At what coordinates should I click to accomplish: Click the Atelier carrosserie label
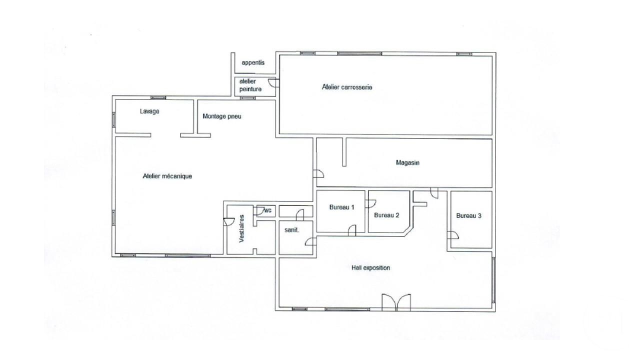click(347, 87)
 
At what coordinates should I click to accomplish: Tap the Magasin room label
click(407, 162)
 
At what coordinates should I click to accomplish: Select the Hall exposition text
click(370, 268)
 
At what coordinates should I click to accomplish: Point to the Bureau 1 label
click(341, 207)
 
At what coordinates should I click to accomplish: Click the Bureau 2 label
click(386, 215)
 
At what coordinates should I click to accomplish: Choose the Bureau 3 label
click(468, 216)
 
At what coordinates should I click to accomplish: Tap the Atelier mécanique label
click(167, 176)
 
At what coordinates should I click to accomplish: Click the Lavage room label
click(149, 111)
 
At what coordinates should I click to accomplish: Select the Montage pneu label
click(222, 116)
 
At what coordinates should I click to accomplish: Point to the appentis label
click(252, 63)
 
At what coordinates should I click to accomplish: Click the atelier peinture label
click(250, 85)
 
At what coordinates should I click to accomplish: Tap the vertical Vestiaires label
click(241, 228)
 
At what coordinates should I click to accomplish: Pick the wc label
click(267, 210)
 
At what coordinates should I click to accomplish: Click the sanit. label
click(291, 230)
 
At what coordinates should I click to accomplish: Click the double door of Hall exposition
click(396, 302)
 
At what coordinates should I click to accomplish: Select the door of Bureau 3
click(454, 235)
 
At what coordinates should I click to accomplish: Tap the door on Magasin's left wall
click(318, 174)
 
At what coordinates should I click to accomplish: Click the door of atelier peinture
click(273, 84)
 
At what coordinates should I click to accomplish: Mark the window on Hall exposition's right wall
click(494, 279)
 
